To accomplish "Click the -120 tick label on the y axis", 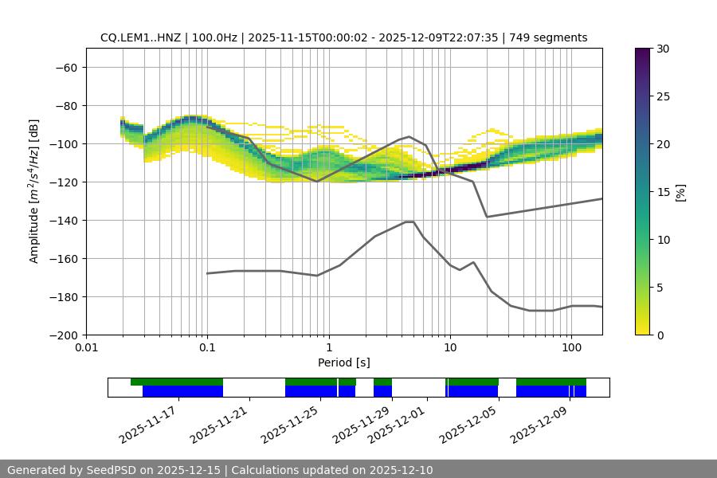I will click(65, 182).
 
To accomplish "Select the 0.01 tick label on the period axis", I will click(86, 348).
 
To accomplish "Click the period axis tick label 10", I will click(450, 348).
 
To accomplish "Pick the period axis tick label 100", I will click(571, 348).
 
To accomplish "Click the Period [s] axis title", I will click(343, 362).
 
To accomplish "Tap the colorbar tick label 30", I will click(662, 49).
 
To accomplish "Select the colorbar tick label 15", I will click(662, 192).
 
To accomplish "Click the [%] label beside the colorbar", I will click(680, 192).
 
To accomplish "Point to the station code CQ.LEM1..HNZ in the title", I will click(140, 37).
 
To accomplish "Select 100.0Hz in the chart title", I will click(215, 37).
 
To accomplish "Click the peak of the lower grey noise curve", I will click(409, 221).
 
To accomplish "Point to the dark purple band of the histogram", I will click(446, 170).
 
